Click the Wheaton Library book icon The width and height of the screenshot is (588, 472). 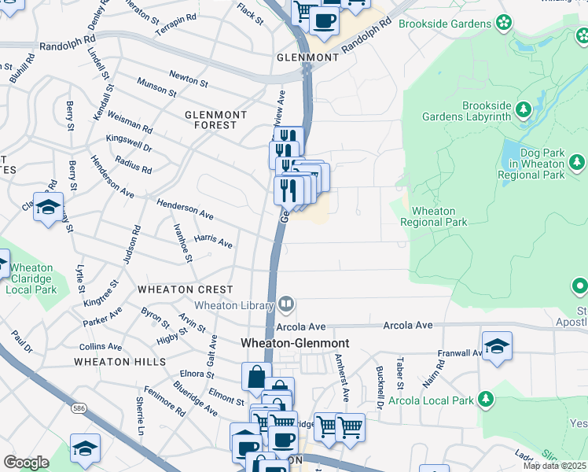(287, 304)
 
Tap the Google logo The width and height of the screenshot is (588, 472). (26, 462)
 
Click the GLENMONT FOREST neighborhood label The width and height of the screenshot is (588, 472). (215, 120)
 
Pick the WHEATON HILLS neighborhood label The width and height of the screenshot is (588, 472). (120, 361)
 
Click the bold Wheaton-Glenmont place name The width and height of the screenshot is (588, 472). (294, 343)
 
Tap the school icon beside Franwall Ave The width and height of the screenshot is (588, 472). (497, 346)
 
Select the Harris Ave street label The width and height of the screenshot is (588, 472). (214, 241)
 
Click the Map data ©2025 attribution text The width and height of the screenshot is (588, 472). (554, 466)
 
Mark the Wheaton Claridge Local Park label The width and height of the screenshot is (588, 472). (31, 279)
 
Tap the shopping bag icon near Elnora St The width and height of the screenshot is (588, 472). (256, 377)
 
